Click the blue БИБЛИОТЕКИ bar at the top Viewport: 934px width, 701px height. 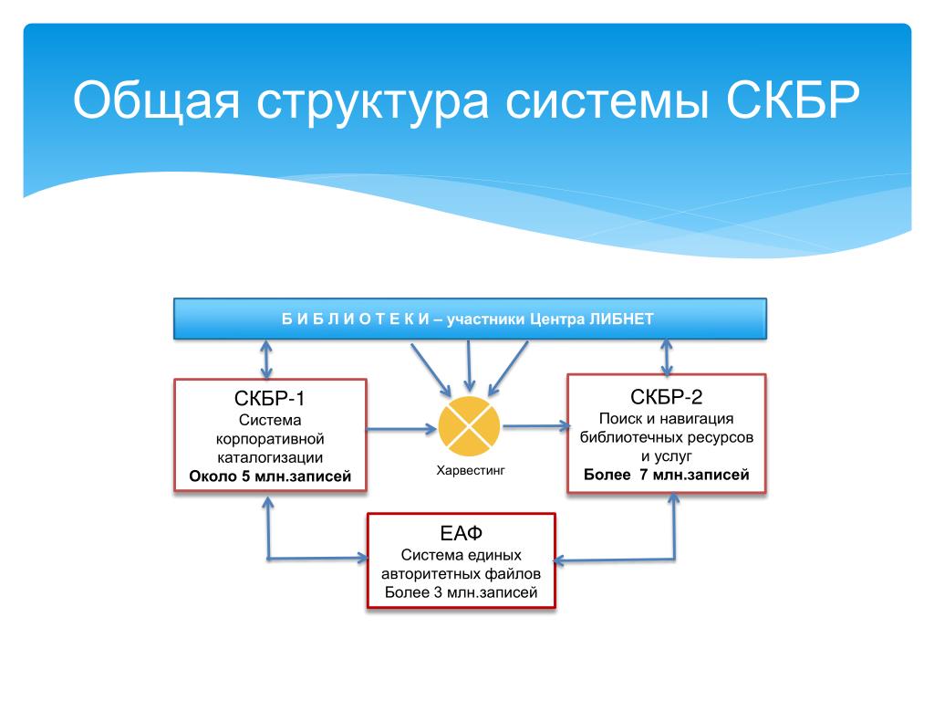470,319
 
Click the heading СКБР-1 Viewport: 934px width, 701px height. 270,399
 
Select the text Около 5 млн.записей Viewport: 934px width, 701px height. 270,476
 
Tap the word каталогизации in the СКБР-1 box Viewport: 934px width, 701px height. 270,457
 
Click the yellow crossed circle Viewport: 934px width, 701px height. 469,426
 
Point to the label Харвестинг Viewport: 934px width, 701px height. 470,471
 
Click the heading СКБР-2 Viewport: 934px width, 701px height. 666,396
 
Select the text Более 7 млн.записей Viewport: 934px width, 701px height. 667,475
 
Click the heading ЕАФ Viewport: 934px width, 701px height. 461,534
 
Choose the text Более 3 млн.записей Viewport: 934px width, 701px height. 461,593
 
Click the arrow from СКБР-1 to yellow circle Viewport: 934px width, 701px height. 401,427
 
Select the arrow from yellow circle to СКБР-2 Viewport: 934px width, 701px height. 535,424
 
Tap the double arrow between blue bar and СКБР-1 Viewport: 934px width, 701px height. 266,360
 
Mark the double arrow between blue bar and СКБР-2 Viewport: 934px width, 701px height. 667,357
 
